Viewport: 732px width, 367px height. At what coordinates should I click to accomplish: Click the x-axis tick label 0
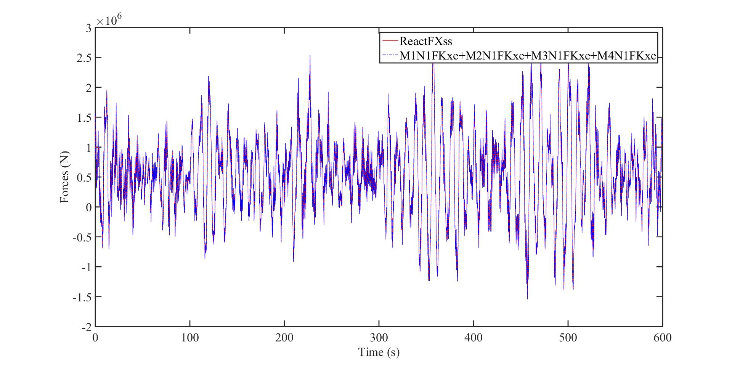[x=95, y=338]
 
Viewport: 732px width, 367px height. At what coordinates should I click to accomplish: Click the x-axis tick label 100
[x=189, y=338]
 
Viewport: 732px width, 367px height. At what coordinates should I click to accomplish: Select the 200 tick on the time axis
[x=284, y=338]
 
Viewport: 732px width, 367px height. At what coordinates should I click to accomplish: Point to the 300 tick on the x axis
[x=379, y=338]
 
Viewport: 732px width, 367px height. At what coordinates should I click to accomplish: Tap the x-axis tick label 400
[x=473, y=338]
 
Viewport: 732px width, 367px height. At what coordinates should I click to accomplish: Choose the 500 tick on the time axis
[x=568, y=338]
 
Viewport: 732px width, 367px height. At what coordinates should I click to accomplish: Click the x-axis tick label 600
[x=662, y=338]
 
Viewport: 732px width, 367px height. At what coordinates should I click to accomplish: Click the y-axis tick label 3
[x=88, y=28]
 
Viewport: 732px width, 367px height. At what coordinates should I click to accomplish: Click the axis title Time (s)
[x=379, y=352]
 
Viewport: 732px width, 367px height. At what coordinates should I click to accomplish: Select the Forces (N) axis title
[x=65, y=177]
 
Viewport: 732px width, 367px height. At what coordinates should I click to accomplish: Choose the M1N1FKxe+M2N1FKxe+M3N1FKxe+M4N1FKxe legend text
[x=527, y=56]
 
